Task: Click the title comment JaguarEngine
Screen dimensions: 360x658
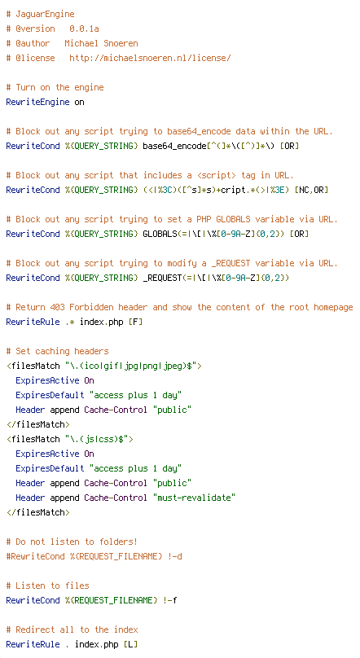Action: click(45, 15)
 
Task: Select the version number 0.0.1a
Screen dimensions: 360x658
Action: click(84, 29)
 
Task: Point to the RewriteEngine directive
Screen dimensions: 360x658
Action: click(37, 102)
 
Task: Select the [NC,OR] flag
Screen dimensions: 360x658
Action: click(311, 190)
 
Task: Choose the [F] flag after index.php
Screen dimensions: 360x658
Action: click(135, 322)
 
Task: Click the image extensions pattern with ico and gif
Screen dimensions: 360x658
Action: click(133, 366)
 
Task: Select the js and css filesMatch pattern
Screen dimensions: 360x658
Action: click(99, 440)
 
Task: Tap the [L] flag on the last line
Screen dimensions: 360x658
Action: click(130, 644)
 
